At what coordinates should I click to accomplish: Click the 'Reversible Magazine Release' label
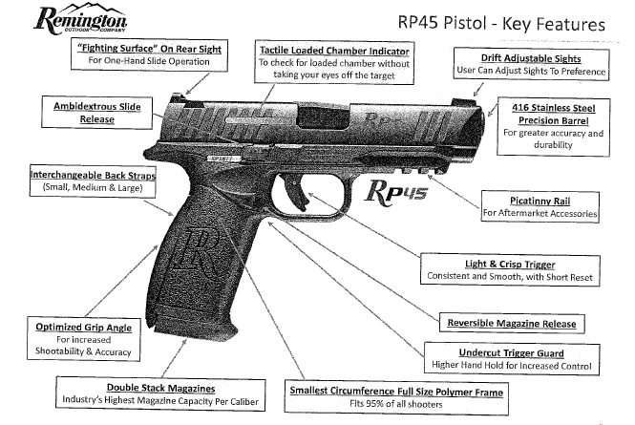pyautogui.click(x=505, y=323)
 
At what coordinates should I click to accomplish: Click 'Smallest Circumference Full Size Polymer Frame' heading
pyautogui.click(x=397, y=391)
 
